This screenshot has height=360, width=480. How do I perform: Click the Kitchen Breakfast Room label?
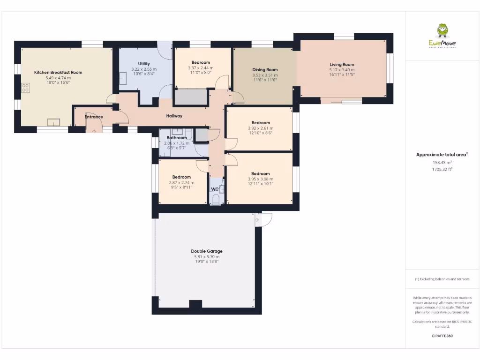(x=58, y=73)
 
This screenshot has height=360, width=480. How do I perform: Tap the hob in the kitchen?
(x=26, y=88)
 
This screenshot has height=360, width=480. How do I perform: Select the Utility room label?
(x=144, y=64)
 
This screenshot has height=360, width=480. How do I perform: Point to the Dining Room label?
(x=265, y=70)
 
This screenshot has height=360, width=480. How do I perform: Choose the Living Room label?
(x=342, y=65)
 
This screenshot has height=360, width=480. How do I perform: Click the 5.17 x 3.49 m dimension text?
(x=342, y=70)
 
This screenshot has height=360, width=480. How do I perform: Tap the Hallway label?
(x=174, y=116)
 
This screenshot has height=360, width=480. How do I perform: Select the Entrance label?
(x=94, y=117)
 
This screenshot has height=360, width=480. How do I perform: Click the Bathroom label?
(x=177, y=138)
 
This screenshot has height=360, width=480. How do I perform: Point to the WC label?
(x=215, y=189)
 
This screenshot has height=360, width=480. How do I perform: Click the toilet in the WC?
(x=216, y=200)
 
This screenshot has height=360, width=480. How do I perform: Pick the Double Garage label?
(x=207, y=251)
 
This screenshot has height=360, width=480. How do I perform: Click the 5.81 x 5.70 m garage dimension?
(x=207, y=257)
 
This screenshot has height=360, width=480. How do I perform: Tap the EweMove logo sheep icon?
(x=442, y=31)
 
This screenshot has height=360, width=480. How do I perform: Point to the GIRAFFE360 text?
(x=442, y=336)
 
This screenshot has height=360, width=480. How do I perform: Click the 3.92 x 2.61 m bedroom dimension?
(x=260, y=128)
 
